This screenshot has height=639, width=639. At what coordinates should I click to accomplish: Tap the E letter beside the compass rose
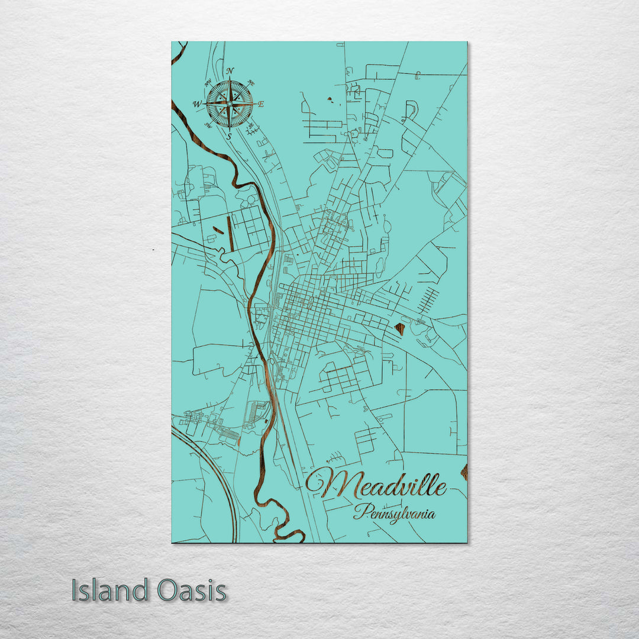(261, 105)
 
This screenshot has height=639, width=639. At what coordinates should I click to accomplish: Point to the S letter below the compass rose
(230, 136)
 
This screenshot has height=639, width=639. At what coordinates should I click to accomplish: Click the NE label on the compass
(250, 82)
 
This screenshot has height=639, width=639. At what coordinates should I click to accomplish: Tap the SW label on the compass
(208, 125)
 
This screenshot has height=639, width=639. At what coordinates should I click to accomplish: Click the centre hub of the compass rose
(230, 104)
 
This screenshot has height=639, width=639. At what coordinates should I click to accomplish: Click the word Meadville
(376, 484)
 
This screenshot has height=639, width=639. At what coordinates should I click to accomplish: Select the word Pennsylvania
(394, 512)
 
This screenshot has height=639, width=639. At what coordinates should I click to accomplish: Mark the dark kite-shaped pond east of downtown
(400, 328)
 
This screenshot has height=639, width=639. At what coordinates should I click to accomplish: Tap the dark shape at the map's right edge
(464, 472)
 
